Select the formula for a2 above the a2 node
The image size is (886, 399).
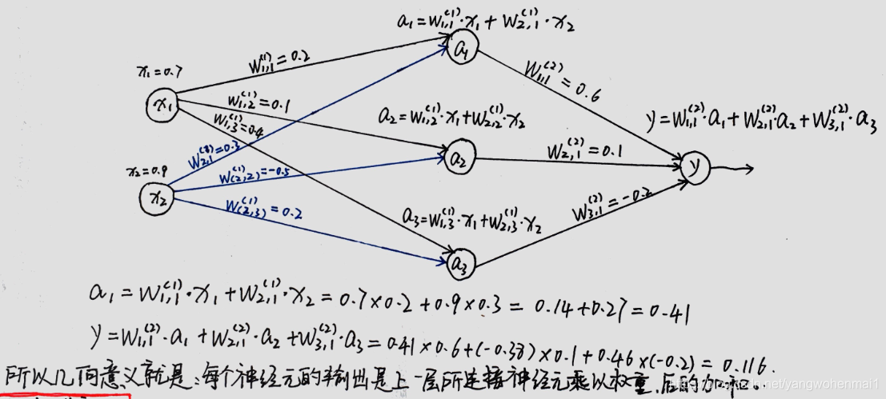coord(452,117)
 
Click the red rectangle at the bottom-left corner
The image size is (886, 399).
coord(64,395)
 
